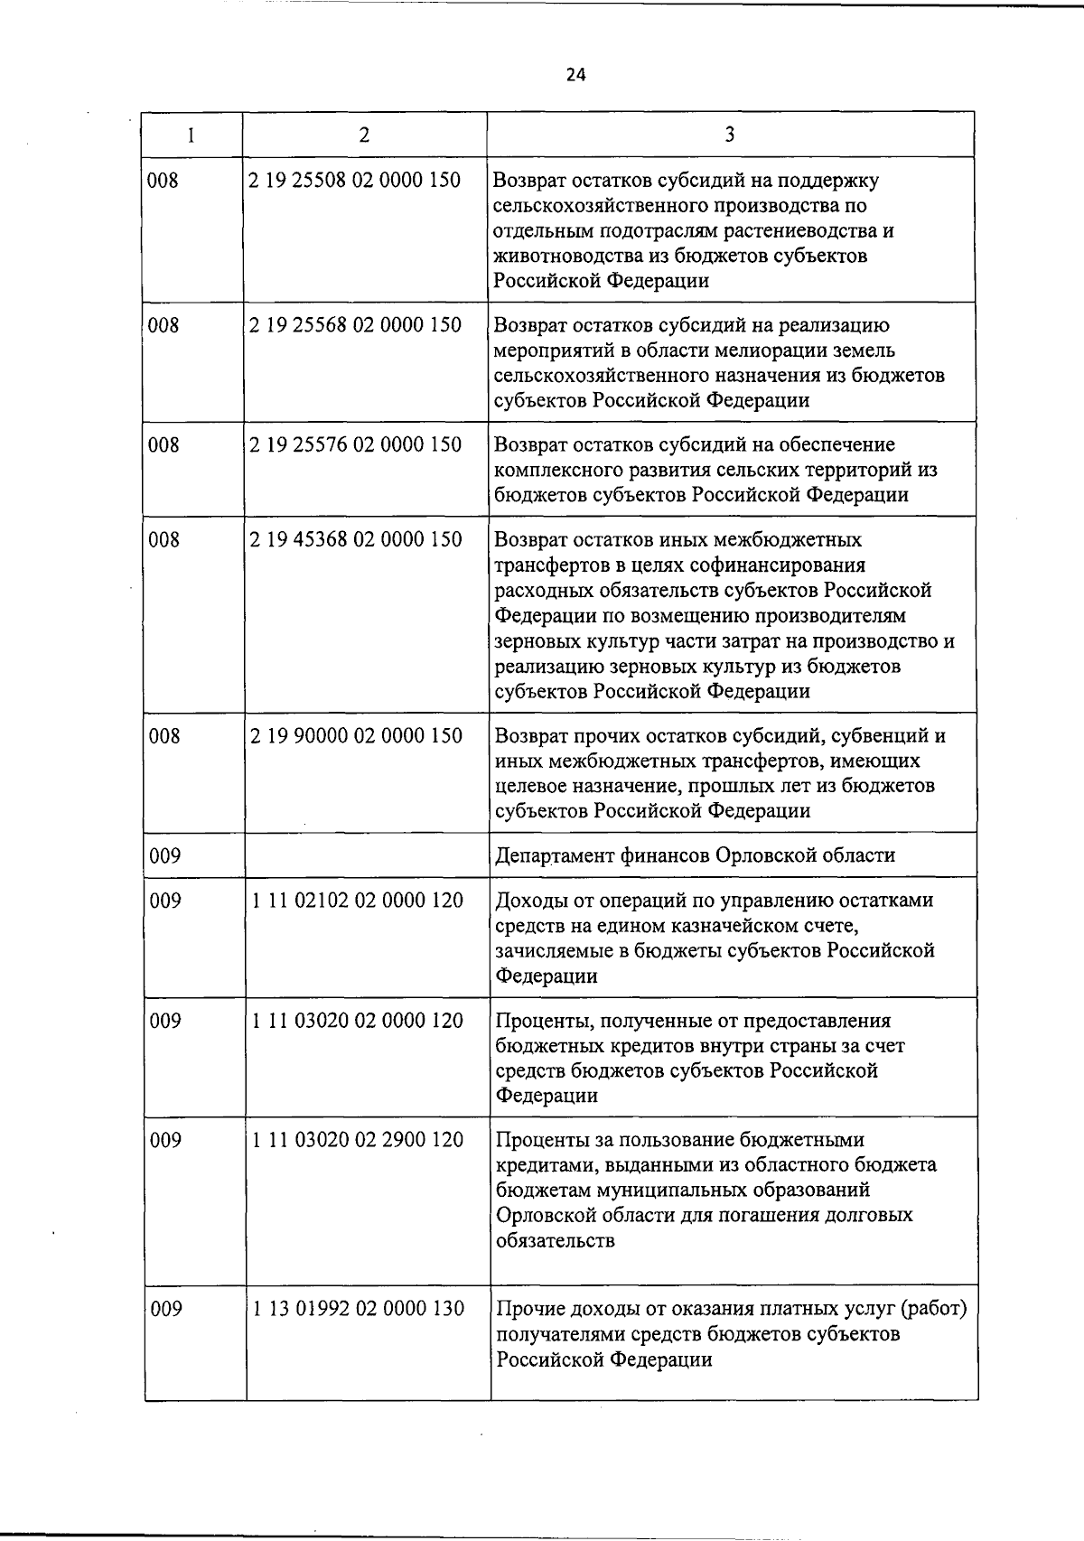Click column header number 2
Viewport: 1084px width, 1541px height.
tap(364, 135)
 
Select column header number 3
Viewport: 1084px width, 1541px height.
tap(730, 135)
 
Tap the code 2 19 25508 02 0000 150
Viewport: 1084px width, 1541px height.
tap(355, 180)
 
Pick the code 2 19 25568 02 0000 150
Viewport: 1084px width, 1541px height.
tap(355, 325)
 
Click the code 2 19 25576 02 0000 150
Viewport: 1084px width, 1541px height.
tap(355, 444)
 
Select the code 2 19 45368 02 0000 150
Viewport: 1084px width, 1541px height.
tap(355, 539)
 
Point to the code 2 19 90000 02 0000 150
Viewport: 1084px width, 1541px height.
tap(355, 735)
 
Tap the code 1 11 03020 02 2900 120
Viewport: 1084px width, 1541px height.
tap(358, 1140)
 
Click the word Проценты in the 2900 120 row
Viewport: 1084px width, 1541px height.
tap(539, 1140)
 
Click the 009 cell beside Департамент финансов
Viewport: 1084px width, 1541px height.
tap(165, 855)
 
